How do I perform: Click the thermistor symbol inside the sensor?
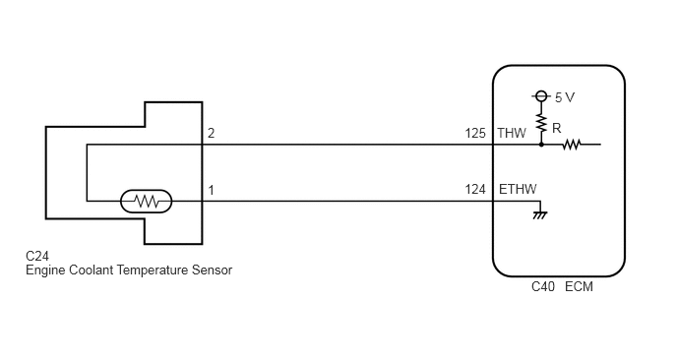[146, 202]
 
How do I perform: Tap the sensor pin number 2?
[211, 133]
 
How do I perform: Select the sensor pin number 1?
[211, 190]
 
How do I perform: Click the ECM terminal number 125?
[475, 133]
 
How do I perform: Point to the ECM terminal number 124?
[475, 189]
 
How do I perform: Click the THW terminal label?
[512, 133]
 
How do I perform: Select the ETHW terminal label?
[518, 189]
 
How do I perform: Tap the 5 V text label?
[565, 97]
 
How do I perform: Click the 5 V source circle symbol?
[541, 95]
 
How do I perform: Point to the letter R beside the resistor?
[557, 128]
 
